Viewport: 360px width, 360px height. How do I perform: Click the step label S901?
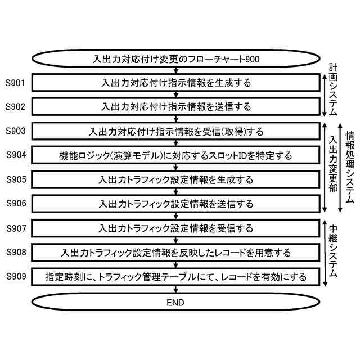point(16,83)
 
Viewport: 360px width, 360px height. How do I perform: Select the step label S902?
point(16,106)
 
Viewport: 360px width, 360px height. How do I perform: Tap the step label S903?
point(16,131)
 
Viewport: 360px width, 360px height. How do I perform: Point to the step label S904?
point(16,154)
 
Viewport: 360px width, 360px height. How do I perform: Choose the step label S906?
point(16,203)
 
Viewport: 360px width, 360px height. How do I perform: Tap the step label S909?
point(16,276)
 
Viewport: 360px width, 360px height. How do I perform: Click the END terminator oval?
point(176,302)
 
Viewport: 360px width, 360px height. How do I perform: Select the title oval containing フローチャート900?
point(176,58)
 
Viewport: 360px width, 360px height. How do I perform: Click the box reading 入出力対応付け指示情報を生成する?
point(176,83)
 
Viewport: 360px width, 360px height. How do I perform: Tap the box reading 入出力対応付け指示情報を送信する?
point(176,106)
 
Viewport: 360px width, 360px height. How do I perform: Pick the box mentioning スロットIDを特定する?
point(176,155)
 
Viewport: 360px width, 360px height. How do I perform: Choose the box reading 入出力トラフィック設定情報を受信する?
point(176,228)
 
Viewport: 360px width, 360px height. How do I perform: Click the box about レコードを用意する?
point(176,253)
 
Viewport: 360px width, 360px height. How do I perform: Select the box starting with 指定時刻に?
point(176,277)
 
